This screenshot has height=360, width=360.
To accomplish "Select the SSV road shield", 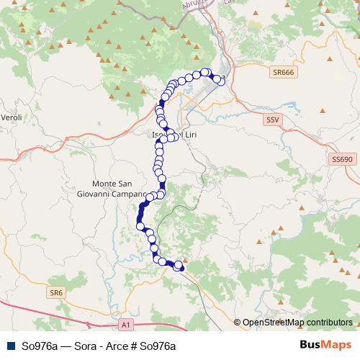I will (272, 119).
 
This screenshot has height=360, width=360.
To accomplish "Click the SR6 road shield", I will (57, 292).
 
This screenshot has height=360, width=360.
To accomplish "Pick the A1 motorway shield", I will (126, 325).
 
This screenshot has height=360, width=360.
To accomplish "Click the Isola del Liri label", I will (173, 134).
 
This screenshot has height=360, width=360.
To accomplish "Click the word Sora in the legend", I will (81, 346).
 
